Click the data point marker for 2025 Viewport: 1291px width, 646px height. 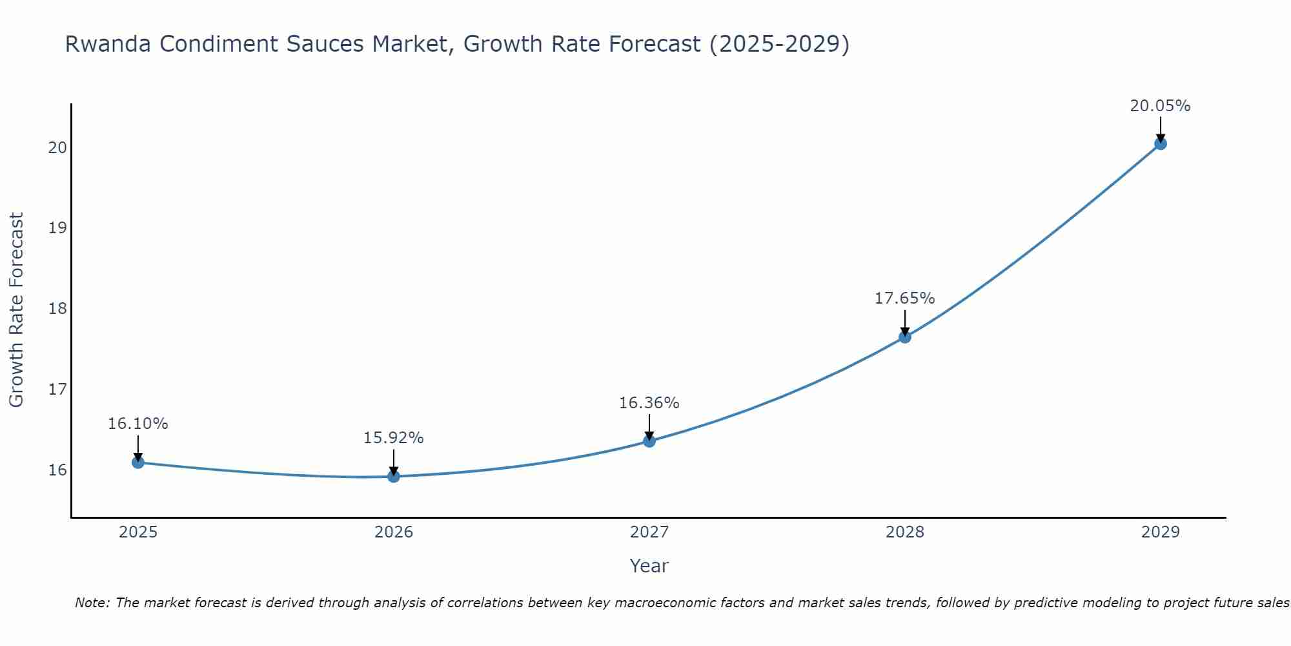(x=137, y=462)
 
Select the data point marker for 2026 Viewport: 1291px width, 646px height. (x=393, y=476)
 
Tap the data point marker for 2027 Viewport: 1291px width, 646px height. (x=649, y=441)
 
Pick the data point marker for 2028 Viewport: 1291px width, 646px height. (x=904, y=337)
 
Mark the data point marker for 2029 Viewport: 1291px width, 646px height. (x=1160, y=143)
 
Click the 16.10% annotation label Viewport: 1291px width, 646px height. (x=137, y=424)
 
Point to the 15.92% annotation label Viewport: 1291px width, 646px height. (x=393, y=438)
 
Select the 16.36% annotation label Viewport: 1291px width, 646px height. (x=649, y=403)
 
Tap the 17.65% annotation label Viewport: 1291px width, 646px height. (x=904, y=298)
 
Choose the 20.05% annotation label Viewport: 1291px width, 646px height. (x=1160, y=106)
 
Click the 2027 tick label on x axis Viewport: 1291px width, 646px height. (x=649, y=532)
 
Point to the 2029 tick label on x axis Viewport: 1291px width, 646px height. (x=1160, y=532)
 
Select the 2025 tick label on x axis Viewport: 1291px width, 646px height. (x=137, y=532)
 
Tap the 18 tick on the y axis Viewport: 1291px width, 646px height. (x=57, y=309)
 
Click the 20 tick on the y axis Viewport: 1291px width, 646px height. (x=57, y=148)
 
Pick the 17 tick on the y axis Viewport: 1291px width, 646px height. (x=57, y=390)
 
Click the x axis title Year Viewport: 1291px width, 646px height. (x=649, y=566)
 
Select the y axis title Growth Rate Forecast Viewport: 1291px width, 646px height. (x=16, y=310)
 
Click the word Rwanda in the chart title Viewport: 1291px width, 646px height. (x=108, y=44)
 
